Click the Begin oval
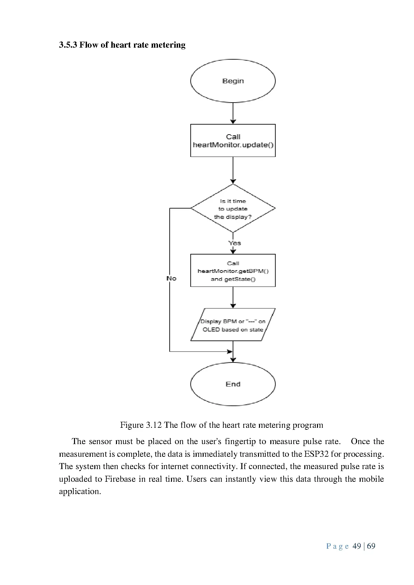pyautogui.click(x=233, y=81)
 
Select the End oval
pyautogui.click(x=233, y=384)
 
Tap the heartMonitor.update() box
pyautogui.click(x=233, y=141)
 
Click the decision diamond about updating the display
pyautogui.click(x=233, y=209)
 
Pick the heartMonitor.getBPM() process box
pyautogui.click(x=233, y=271)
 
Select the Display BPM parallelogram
pyautogui.click(x=233, y=325)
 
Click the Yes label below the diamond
pyautogui.click(x=235, y=243)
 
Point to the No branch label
pyautogui.click(x=171, y=279)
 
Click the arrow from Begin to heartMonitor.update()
pyautogui.click(x=233, y=113)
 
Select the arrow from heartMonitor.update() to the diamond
pyautogui.click(x=233, y=170)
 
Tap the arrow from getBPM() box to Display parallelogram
pyautogui.click(x=233, y=297)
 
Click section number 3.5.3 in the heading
pyautogui.click(x=68, y=45)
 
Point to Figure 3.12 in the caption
pyautogui.click(x=141, y=425)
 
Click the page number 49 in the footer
pyautogui.click(x=357, y=546)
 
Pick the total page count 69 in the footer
pyautogui.click(x=371, y=546)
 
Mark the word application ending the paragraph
pyautogui.click(x=79, y=492)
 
